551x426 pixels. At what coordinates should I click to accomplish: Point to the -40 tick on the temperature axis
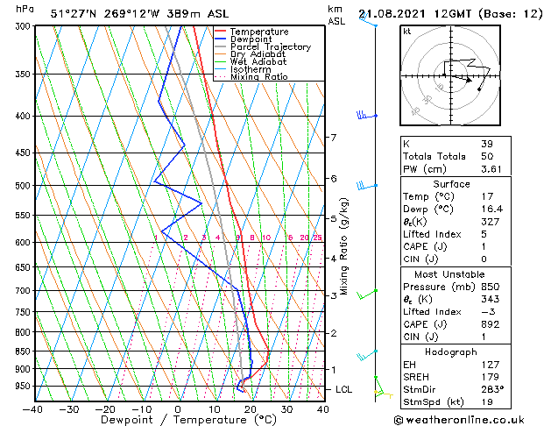(x=33, y=408)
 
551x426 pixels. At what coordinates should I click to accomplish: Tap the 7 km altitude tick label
(x=333, y=138)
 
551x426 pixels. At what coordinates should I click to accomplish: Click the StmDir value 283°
(x=491, y=389)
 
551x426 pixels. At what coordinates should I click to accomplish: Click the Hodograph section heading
(x=451, y=351)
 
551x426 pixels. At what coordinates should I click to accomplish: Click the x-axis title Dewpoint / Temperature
(x=177, y=420)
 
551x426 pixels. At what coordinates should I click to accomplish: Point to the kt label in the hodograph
(x=406, y=31)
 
